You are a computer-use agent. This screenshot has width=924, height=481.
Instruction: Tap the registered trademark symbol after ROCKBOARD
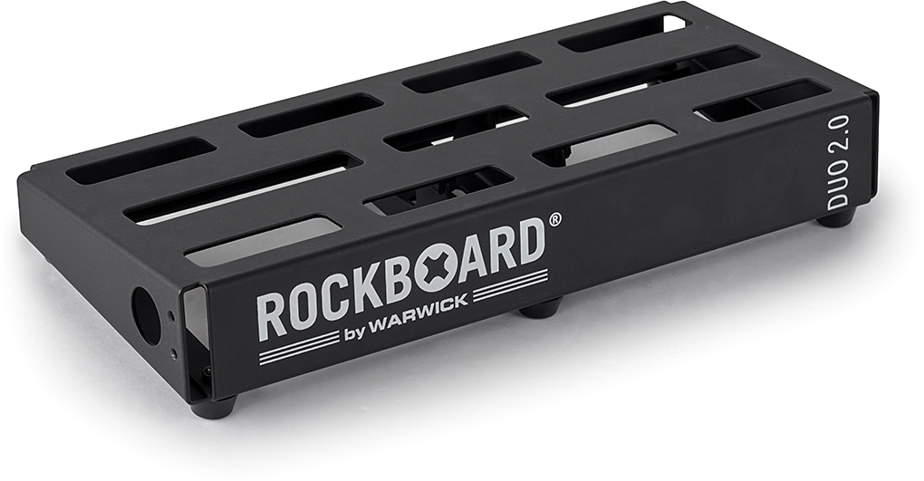(554, 219)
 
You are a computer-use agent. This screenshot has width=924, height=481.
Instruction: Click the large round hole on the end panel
(146, 315)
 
